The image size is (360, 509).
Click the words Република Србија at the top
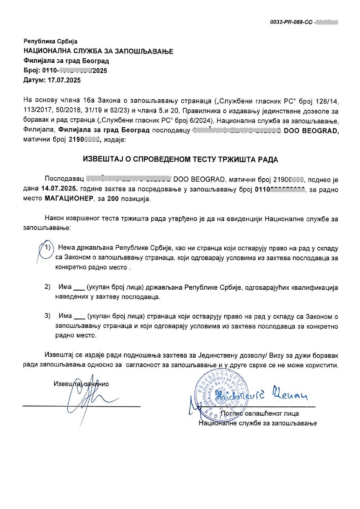pos(49,42)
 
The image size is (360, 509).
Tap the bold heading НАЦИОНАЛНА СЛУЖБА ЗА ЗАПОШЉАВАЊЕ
pos(98,51)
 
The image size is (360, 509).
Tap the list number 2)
pos(48,288)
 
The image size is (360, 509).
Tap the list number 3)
pos(48,316)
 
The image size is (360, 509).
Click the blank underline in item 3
pos(79,318)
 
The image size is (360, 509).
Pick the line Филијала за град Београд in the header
pos(66,61)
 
